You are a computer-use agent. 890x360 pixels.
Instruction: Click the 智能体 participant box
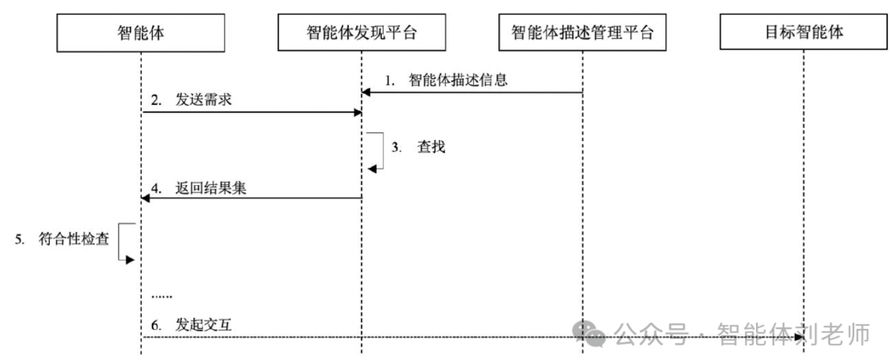pos(141,32)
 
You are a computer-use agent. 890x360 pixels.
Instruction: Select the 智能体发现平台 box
pos(361,32)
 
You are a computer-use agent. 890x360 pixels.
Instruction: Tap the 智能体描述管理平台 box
pos(582,32)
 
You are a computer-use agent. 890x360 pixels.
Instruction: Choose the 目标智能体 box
pos(803,32)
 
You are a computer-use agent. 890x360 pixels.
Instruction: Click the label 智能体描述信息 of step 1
pos(458,79)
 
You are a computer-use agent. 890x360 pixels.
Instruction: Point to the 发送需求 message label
pos(202,100)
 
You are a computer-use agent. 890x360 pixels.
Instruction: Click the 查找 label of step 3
pos(426,147)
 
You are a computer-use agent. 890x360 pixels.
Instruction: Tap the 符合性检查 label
pos(74,240)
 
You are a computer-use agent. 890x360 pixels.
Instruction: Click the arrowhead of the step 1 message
pos(367,92)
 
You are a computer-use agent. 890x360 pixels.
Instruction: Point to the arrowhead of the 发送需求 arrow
pos(357,112)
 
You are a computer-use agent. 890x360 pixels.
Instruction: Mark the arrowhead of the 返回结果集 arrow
pos(146,199)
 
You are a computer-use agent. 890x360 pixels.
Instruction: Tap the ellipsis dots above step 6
pos(161,296)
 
